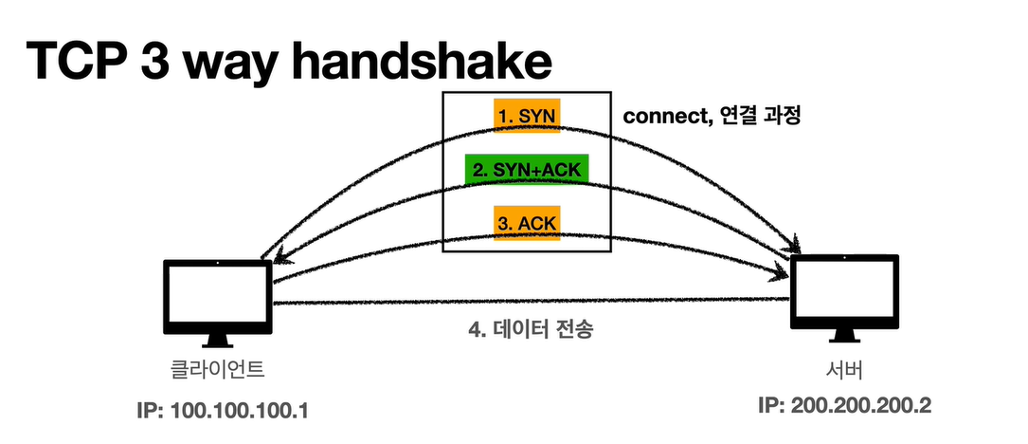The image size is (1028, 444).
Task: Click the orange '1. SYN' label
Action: tap(528, 117)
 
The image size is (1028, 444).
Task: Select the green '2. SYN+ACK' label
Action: tap(528, 171)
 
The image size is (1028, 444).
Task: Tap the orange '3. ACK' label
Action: tap(528, 224)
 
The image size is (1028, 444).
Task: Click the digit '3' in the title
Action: tap(177, 60)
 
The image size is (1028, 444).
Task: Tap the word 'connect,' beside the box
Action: tap(661, 118)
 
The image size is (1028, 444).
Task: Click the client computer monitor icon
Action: tap(218, 294)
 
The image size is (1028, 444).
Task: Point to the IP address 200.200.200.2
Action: tap(845, 405)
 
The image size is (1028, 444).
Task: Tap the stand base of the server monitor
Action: tap(843, 339)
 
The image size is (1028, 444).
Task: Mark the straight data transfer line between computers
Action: tap(531, 302)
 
